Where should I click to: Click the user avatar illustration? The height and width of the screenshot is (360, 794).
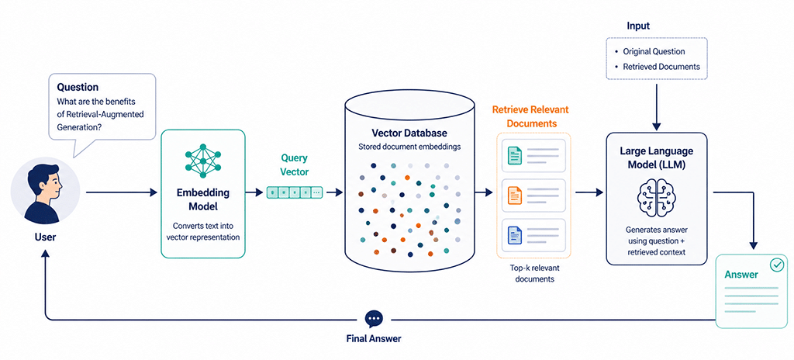pyautogui.click(x=45, y=192)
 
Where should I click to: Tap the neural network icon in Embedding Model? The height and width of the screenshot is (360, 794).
pyautogui.click(x=203, y=161)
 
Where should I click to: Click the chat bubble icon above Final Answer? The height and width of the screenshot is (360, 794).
pyautogui.click(x=375, y=319)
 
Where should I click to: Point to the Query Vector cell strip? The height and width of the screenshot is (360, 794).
pyautogui.click(x=294, y=192)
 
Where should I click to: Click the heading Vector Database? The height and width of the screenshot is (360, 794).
pyautogui.click(x=409, y=133)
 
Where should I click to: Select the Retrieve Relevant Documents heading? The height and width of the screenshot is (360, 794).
pyautogui.click(x=530, y=116)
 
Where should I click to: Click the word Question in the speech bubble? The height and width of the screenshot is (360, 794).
pyautogui.click(x=78, y=88)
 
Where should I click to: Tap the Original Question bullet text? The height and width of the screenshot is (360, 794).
pyautogui.click(x=654, y=51)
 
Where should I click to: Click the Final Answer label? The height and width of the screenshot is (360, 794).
pyautogui.click(x=374, y=338)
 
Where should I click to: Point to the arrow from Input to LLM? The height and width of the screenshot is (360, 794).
pyautogui.click(x=657, y=106)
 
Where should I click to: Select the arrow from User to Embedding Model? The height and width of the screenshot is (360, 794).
pyautogui.click(x=122, y=192)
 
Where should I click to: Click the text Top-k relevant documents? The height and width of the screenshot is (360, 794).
pyautogui.click(x=535, y=273)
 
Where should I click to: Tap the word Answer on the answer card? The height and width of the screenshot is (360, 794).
pyautogui.click(x=741, y=275)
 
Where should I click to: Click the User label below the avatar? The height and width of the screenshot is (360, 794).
pyautogui.click(x=45, y=237)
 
